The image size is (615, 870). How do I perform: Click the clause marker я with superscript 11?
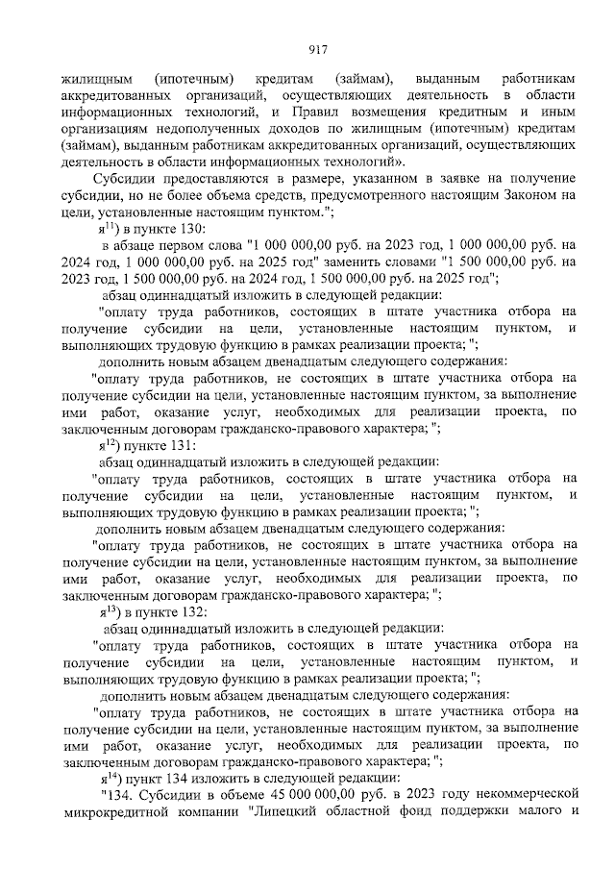click(107, 229)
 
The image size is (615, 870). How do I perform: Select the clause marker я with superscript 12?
click(107, 445)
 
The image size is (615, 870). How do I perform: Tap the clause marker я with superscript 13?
click(107, 611)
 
